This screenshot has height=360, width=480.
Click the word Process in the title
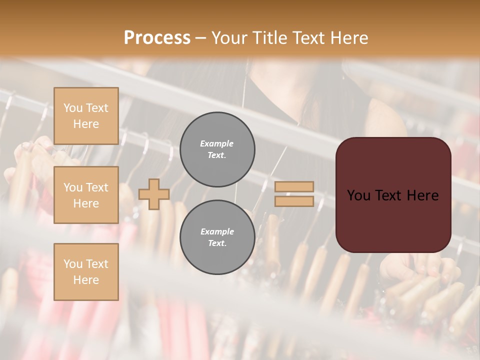tap(157, 38)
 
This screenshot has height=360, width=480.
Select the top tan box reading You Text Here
tap(86, 116)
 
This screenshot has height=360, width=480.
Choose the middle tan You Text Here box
tap(86, 195)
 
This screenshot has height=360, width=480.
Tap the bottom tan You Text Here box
tap(86, 271)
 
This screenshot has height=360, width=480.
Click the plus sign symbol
tap(154, 194)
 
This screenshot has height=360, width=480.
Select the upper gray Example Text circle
tap(217, 149)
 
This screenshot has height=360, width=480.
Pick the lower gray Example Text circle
tap(217, 237)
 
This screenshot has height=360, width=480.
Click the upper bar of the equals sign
tap(294, 186)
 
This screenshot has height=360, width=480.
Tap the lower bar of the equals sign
tap(294, 201)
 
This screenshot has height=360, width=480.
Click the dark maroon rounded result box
tap(393, 220)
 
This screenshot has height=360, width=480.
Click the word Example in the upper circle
tap(216, 143)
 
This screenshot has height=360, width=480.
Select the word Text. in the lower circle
tap(216, 243)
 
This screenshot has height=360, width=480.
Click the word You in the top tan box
tap(73, 108)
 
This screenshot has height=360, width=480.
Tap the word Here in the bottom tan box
tap(86, 280)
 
